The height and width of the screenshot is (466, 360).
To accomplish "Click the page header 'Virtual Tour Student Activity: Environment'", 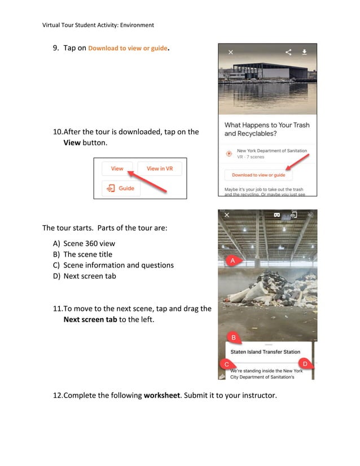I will click(x=98, y=25).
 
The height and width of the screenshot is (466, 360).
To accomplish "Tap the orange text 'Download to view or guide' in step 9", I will click(x=128, y=49).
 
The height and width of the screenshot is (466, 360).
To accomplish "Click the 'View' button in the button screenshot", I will click(x=117, y=169).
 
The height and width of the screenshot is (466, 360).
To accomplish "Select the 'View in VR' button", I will click(x=160, y=169).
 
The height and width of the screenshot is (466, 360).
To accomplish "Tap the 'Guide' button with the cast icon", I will click(x=121, y=188).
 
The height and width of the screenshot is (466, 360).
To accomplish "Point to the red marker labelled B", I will click(x=234, y=337).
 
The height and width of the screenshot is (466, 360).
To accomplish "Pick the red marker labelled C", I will click(x=226, y=364).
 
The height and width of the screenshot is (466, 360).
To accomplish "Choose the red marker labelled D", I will click(x=305, y=364).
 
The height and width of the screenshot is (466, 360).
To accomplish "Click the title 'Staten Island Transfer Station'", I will click(x=265, y=352).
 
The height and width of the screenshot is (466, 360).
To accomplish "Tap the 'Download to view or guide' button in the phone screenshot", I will click(x=258, y=175).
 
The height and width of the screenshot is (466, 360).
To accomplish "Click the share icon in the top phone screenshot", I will click(x=288, y=52).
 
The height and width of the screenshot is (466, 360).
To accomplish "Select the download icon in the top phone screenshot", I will click(x=305, y=52).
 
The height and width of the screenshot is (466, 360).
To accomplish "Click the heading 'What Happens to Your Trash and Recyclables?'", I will click(x=267, y=129).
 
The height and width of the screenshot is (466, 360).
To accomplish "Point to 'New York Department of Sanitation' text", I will click(x=271, y=151).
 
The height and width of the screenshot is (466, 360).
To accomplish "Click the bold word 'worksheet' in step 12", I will click(x=161, y=395).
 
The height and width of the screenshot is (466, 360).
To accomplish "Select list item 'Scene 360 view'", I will click(x=89, y=244).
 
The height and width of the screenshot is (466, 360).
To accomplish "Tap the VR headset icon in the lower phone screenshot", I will click(x=277, y=215).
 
